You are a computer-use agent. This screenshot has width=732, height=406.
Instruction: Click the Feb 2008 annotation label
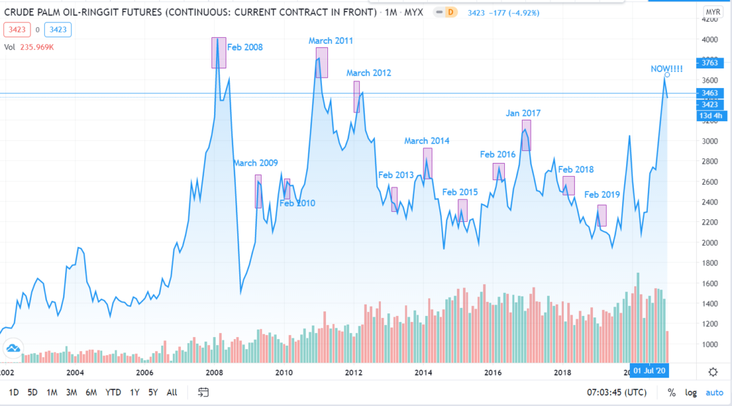(245, 47)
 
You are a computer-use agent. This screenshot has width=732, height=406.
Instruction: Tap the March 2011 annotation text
(331, 41)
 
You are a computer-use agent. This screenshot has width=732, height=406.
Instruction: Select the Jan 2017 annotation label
(523, 113)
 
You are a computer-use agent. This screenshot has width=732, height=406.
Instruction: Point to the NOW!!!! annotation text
(667, 68)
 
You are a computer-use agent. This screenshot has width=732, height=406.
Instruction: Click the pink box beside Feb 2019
(602, 215)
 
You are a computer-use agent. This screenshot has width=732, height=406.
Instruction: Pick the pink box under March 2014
(427, 163)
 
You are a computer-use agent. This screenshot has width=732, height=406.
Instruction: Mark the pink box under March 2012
(357, 97)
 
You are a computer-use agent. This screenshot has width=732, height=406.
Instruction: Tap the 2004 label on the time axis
(75, 372)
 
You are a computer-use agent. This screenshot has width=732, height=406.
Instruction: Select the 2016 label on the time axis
(493, 372)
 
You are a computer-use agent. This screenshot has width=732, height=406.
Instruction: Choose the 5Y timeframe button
(153, 392)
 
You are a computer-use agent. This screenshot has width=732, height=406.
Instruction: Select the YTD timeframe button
(114, 392)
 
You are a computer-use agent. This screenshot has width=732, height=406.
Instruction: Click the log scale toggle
(691, 392)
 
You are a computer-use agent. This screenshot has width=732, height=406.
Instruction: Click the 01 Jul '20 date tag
(650, 370)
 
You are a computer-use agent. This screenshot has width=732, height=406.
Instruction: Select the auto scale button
(714, 392)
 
